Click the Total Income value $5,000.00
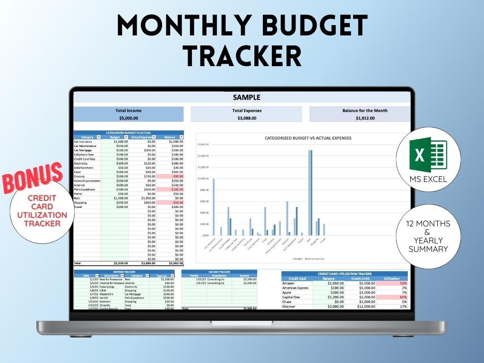(128, 118)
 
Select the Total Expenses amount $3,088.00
(247, 118)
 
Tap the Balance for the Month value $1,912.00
(364, 118)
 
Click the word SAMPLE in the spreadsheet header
(246, 97)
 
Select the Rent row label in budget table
(78, 198)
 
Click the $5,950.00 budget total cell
(115, 263)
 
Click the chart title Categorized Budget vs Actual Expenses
(308, 138)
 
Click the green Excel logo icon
(428, 156)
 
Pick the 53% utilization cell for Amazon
(392, 283)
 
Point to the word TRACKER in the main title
(242, 55)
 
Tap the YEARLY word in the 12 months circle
(428, 240)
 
